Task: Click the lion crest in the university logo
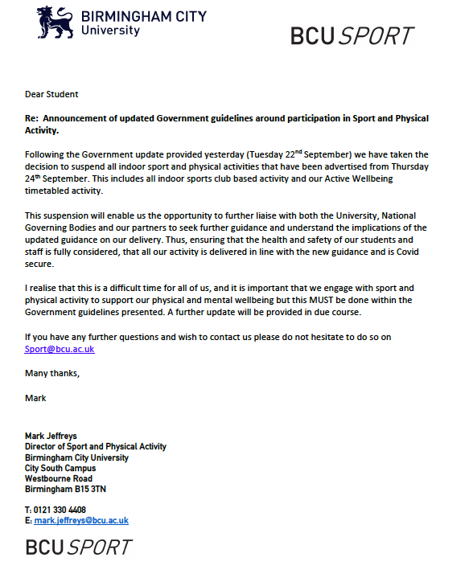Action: pos(56,23)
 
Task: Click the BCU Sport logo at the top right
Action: pos(352,36)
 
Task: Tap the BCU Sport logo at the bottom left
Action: pos(78,547)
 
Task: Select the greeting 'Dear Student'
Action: pos(51,94)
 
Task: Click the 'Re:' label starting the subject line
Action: pos(33,118)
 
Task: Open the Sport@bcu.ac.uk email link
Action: pos(59,349)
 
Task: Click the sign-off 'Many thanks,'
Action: pos(52,373)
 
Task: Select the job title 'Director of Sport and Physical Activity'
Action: pos(96,447)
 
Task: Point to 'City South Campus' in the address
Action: pos(60,468)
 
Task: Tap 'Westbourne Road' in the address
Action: pos(59,478)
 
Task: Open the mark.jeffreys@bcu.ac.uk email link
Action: pos(81,520)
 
